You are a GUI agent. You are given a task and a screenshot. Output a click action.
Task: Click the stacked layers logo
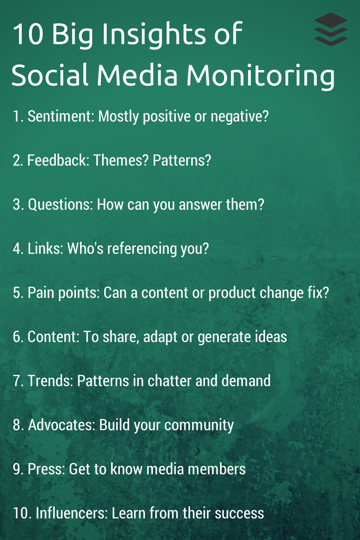331,29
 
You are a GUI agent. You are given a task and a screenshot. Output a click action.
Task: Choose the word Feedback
58,161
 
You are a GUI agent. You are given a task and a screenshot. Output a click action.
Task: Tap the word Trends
50,381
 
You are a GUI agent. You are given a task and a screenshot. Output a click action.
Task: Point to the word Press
45,469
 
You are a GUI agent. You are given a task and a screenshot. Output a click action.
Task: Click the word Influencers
70,513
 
